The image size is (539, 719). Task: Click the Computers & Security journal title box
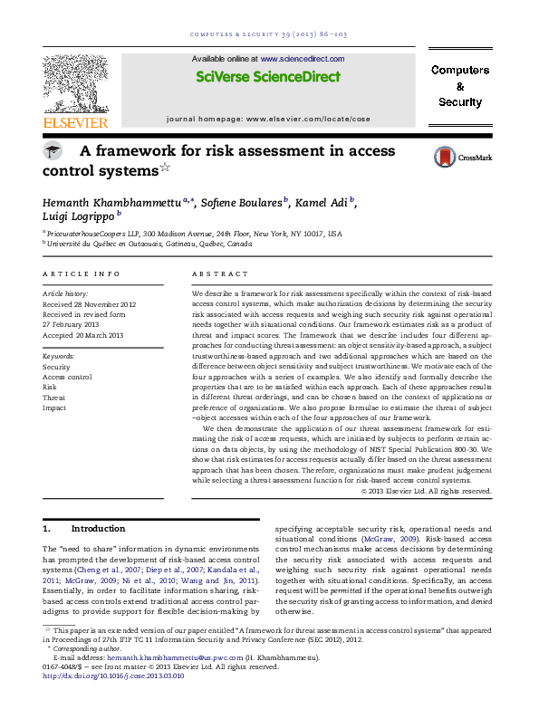(x=460, y=86)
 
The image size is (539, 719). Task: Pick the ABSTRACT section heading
(x=220, y=273)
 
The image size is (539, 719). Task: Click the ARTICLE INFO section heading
(x=82, y=273)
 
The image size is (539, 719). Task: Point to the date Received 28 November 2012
(x=89, y=304)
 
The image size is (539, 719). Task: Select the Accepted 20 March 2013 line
(x=82, y=335)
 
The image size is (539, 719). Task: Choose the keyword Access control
(x=67, y=377)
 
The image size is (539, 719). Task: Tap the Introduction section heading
(x=98, y=528)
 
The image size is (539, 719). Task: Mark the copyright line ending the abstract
(x=426, y=491)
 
